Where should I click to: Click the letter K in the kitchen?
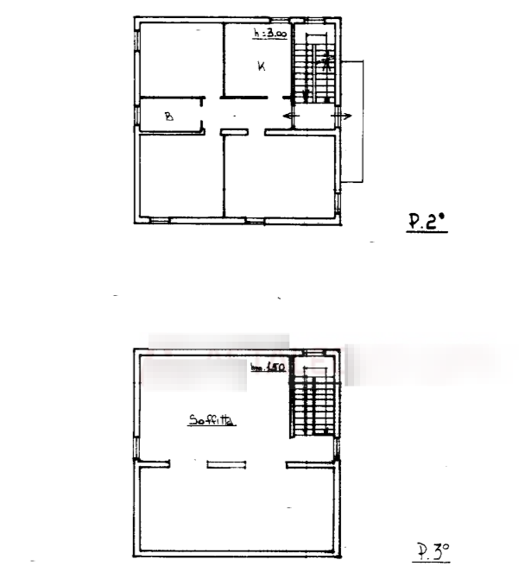coord(260,66)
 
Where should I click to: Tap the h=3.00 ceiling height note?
coord(269,35)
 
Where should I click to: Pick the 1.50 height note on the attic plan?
coord(268,368)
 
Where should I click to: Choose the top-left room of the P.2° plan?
coord(180,60)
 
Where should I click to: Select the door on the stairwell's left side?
coord(291,115)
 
